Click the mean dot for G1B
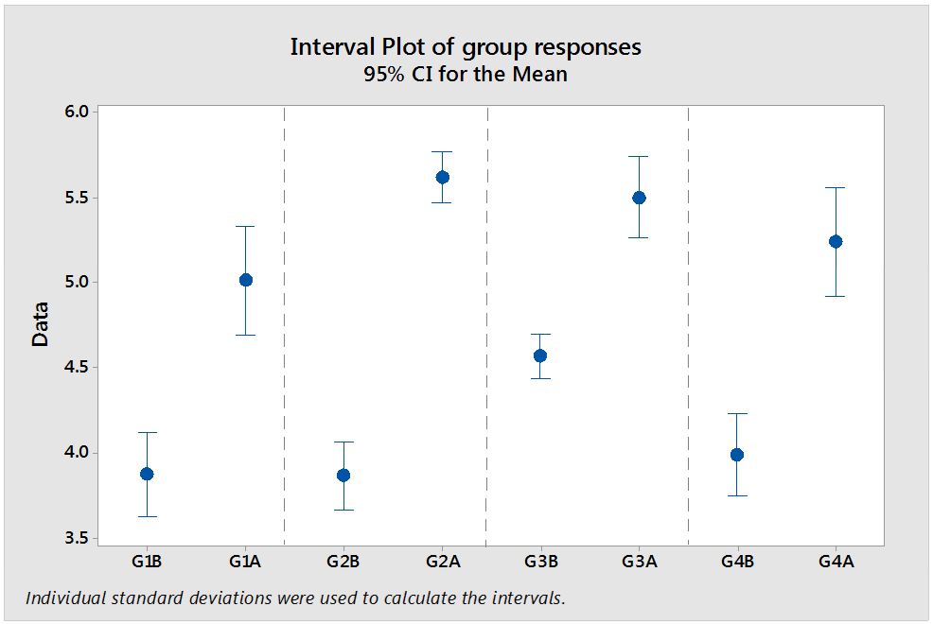pos(147,474)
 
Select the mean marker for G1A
pos(245,280)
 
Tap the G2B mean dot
pos(343,475)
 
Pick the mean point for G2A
pos(442,177)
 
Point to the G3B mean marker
pos(540,355)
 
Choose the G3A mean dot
pos(639,198)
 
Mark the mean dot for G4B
pos(737,455)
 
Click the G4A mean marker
pos(836,241)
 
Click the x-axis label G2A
pos(442,562)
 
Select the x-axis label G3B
pos(540,562)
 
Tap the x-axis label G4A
pos(836,562)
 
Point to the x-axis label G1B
pos(147,562)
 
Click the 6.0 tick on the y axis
pos(77,112)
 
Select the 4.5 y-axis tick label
pos(77,368)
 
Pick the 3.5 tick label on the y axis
pos(77,538)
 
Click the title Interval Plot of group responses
pos(466,47)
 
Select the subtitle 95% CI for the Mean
pos(466,75)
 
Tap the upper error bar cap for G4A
pos(836,187)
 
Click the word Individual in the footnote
pos(62,598)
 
